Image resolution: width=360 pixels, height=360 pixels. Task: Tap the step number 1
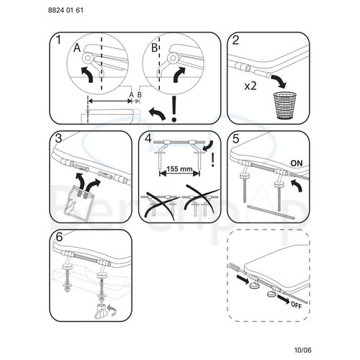tap(58, 41)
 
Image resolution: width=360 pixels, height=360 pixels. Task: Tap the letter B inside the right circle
tap(154, 49)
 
